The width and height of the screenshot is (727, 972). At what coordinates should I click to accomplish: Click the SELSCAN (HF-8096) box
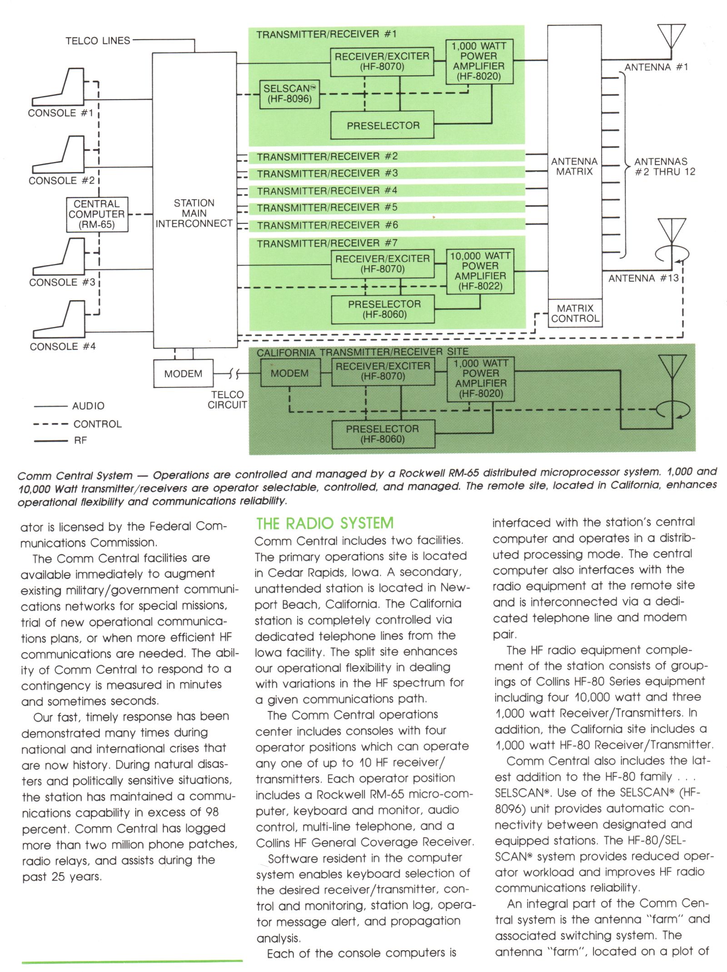289,94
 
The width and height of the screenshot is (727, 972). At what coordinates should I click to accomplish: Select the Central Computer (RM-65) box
96,214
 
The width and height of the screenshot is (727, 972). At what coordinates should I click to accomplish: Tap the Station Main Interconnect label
194,213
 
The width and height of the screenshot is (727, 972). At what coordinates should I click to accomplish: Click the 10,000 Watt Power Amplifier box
480,271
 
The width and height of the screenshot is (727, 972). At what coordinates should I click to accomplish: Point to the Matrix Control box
575,313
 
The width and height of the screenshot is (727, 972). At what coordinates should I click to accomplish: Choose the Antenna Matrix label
574,166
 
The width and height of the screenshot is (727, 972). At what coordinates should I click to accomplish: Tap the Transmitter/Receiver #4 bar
386,191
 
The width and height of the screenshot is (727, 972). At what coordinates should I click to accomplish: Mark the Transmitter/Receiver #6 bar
386,225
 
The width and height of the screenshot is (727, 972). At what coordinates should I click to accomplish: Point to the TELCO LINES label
98,41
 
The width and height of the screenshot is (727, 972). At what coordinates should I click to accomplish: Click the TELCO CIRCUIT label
227,400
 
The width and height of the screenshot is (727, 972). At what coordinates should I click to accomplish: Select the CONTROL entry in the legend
98,424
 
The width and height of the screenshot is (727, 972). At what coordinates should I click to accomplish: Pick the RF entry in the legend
80,441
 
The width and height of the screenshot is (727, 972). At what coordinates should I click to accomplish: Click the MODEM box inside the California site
290,373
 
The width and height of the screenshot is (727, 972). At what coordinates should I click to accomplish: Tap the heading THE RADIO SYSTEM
324,524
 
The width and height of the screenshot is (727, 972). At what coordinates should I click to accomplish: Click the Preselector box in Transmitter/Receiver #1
383,126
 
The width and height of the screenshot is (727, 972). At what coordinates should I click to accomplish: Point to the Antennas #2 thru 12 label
664,166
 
